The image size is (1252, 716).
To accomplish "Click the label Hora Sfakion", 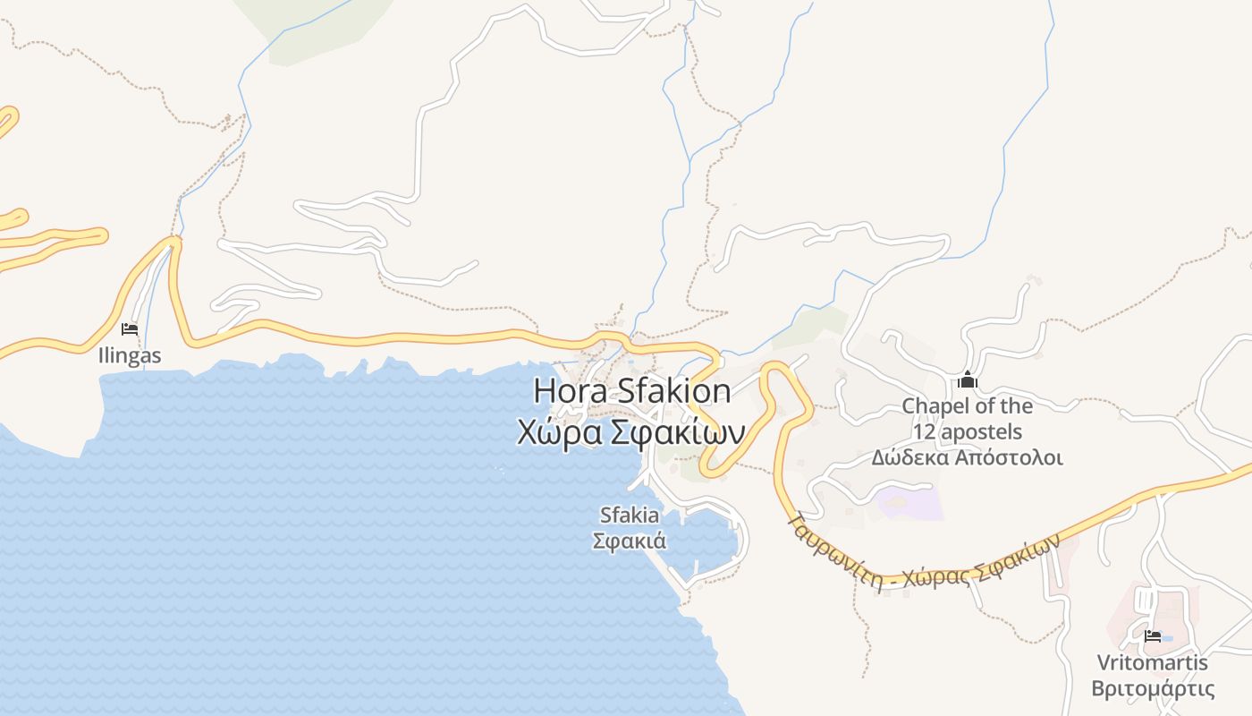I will [x=632, y=391].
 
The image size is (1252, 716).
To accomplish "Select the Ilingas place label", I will [x=130, y=355].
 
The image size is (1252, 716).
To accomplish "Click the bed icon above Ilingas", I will [x=130, y=329].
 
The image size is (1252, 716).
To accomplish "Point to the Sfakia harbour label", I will [x=630, y=516].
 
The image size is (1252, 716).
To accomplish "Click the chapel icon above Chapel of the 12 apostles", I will [x=967, y=381].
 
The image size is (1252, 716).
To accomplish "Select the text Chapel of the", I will [x=967, y=406].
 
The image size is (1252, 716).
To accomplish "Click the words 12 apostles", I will [x=967, y=432].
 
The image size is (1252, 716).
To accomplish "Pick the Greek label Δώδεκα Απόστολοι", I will [x=967, y=458].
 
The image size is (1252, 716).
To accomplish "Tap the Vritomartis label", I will [x=1153, y=663].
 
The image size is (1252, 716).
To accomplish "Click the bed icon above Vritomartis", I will [x=1153, y=636].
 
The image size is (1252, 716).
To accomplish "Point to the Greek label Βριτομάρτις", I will [x=1153, y=689].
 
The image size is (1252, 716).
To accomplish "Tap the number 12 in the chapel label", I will [x=924, y=432].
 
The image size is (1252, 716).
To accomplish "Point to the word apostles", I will [x=980, y=432].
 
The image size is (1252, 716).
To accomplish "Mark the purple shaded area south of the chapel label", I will [x=910, y=502].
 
